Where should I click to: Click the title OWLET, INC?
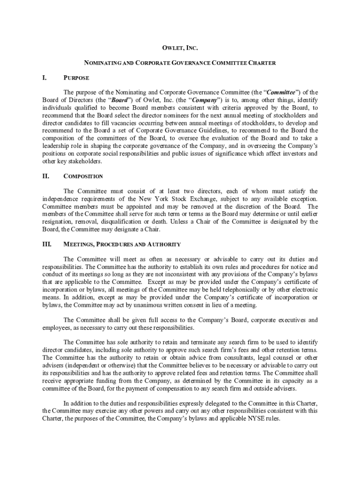pyautogui.click(x=180, y=48)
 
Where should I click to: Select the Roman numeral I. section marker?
pyautogui.click(x=45, y=78)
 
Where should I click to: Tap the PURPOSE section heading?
pyautogui.click(x=76, y=78)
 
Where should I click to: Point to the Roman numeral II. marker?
pyautogui.click(x=46, y=176)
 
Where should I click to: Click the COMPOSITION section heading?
pyautogui.click(x=83, y=176)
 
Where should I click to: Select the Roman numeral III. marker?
pyautogui.click(x=47, y=244)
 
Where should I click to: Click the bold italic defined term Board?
pyautogui.click(x=116, y=100)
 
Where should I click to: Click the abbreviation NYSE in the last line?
pyautogui.click(x=247, y=419)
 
